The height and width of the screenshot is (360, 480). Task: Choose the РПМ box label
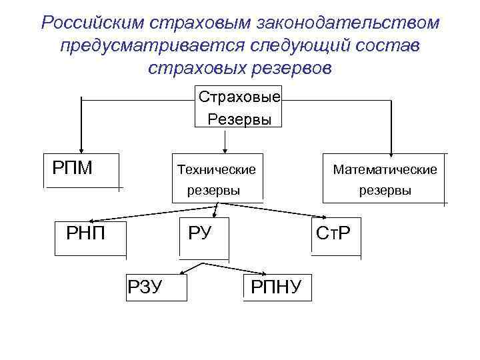pyautogui.click(x=72, y=166)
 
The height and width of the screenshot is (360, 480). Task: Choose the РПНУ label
pyautogui.click(x=276, y=287)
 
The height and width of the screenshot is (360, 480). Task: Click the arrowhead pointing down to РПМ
pyautogui.click(x=81, y=149)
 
